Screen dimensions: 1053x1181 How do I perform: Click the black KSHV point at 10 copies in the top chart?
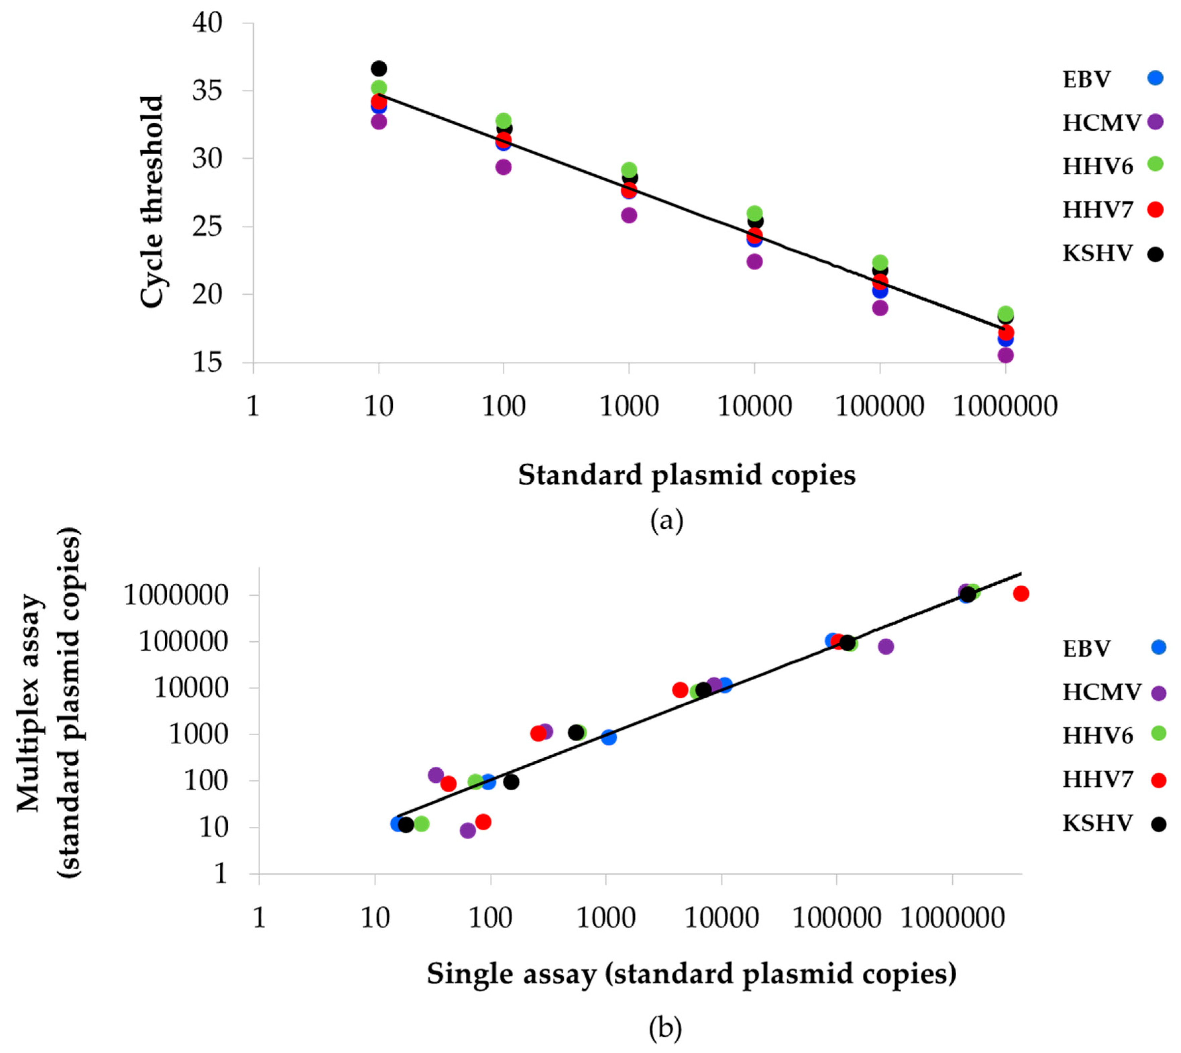pyautogui.click(x=379, y=68)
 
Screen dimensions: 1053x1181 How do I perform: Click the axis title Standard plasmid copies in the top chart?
pyautogui.click(x=686, y=476)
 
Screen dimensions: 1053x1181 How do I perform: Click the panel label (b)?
pyautogui.click(x=665, y=1028)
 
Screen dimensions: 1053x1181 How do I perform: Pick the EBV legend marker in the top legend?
pyautogui.click(x=1155, y=78)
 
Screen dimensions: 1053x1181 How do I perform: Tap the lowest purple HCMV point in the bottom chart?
pyautogui.click(x=467, y=830)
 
